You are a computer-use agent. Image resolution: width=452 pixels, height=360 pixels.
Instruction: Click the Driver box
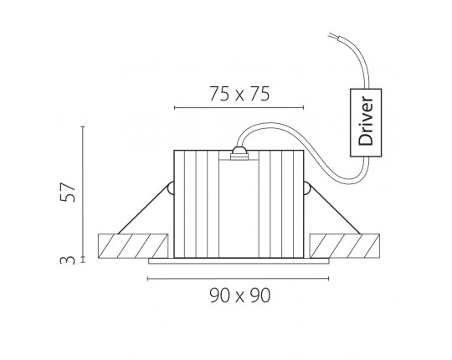click(x=366, y=122)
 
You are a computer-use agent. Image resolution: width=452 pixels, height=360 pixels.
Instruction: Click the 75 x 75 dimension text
click(x=239, y=94)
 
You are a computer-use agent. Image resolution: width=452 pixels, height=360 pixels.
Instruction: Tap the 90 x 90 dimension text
click(x=240, y=296)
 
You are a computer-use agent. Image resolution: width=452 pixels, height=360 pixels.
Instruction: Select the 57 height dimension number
click(x=68, y=192)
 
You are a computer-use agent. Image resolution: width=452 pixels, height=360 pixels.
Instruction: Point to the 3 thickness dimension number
click(x=68, y=260)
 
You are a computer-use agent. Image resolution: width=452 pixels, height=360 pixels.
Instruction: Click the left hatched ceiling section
click(x=133, y=246)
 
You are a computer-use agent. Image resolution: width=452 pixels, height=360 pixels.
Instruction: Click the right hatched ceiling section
click(x=345, y=246)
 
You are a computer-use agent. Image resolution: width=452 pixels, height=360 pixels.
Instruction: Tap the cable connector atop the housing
click(x=239, y=153)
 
